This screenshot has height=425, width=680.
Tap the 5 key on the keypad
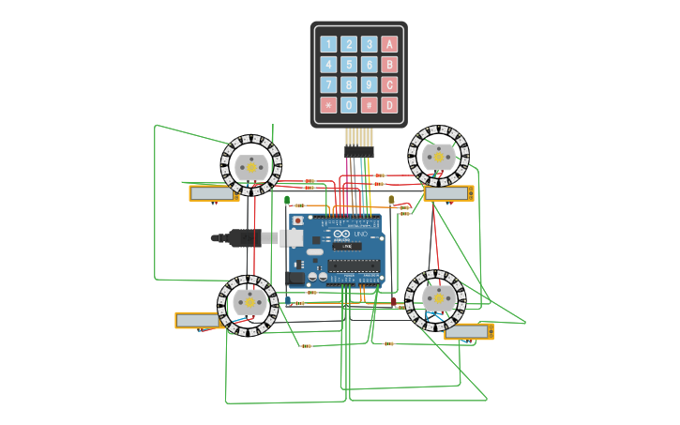pos(349,65)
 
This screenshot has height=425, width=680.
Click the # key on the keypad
pos(370,105)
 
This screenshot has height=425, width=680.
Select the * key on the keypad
pos(328,105)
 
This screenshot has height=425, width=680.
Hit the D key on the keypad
pos(389,105)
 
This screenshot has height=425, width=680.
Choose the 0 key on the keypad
pos(349,105)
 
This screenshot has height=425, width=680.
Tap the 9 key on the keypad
pos(370,84)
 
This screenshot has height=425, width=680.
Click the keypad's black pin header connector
pos(358,150)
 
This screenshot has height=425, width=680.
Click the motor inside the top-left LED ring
pos(250,166)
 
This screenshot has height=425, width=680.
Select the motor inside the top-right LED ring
pos(438,156)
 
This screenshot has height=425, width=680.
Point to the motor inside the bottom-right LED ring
pos(435,299)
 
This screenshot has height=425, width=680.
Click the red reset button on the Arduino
pos(298,220)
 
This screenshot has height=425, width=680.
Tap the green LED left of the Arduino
pos(287,200)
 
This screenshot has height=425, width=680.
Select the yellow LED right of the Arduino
pos(391,200)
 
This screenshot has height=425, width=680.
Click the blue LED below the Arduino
pos(288,300)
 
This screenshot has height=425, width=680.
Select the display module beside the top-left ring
pos(213,193)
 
